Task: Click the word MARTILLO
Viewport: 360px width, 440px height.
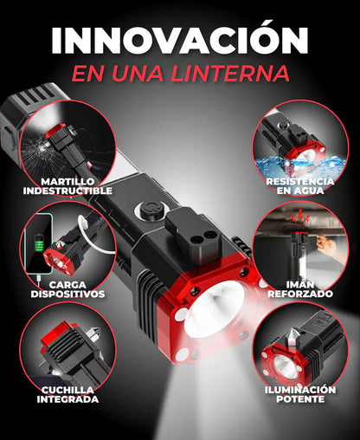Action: tap(69, 181)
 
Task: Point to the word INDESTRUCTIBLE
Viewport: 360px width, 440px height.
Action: tap(69, 191)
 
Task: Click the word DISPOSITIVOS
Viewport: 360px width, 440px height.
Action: tap(69, 294)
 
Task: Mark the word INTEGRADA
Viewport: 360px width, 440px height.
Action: tap(68, 400)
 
